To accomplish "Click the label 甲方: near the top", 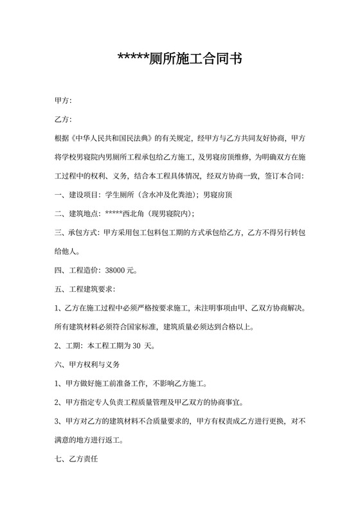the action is [64, 101].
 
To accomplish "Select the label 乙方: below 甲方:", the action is [64, 120].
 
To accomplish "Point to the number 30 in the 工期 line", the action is [136, 345].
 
